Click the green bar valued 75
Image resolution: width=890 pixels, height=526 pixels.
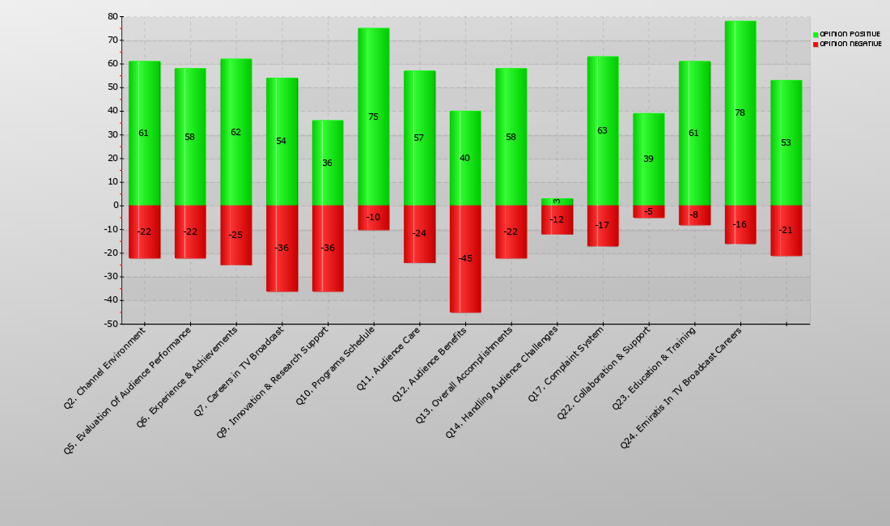(x=373, y=81)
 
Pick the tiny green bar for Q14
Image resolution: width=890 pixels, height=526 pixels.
(x=557, y=201)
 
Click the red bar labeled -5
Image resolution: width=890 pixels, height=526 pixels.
(x=648, y=212)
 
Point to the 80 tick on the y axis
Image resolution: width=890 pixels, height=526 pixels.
(x=112, y=17)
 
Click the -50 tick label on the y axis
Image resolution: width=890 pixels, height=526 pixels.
(x=110, y=324)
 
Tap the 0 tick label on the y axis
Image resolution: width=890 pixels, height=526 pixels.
(x=115, y=206)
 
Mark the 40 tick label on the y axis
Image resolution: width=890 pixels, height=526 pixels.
(x=112, y=111)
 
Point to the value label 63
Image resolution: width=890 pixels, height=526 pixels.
(x=602, y=130)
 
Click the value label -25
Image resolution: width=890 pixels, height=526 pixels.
(x=235, y=235)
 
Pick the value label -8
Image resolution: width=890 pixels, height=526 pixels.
(x=693, y=215)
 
